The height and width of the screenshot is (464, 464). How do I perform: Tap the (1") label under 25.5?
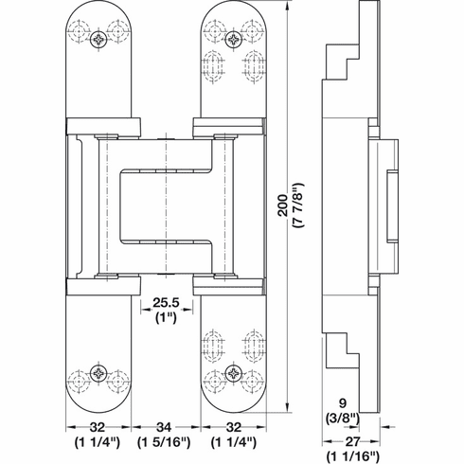click(167, 319)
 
